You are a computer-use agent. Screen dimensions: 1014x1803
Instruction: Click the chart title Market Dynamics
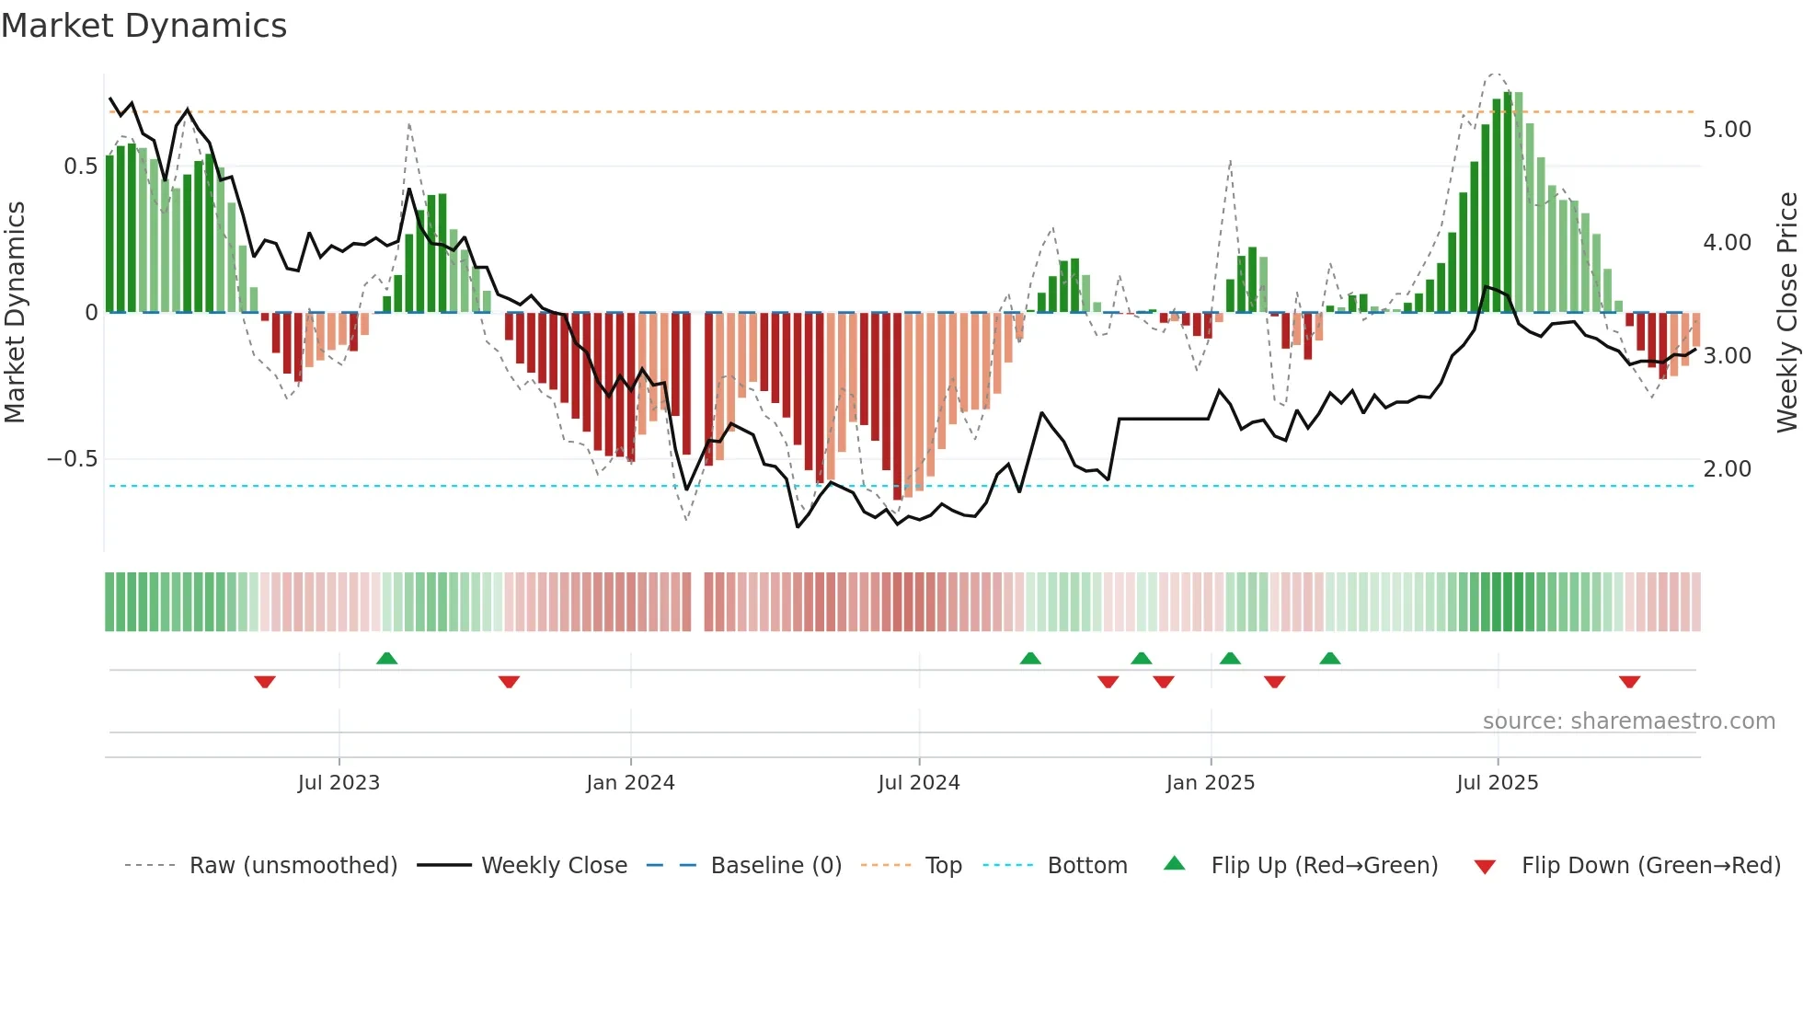144,26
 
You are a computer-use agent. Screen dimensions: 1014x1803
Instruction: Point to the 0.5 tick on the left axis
80,167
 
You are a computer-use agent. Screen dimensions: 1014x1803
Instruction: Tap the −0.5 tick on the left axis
73,459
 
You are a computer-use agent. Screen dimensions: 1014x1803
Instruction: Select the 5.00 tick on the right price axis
1727,130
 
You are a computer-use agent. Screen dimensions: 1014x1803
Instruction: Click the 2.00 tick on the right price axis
1727,469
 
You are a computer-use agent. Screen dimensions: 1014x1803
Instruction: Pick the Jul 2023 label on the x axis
339,783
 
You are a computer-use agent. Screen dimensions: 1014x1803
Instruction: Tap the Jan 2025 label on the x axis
1210,783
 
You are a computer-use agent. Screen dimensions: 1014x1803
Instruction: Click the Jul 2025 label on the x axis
1497,783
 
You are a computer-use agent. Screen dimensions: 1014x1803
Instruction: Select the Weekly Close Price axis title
1786,312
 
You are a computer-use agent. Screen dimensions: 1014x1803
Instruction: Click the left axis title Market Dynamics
15,312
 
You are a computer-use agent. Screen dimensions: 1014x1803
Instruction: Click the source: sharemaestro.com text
1628,721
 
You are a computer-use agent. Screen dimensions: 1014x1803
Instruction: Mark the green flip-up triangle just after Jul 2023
386,658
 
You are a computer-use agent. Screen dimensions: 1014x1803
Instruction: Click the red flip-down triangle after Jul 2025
1629,682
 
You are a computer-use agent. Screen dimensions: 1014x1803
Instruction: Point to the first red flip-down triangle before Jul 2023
265,682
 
